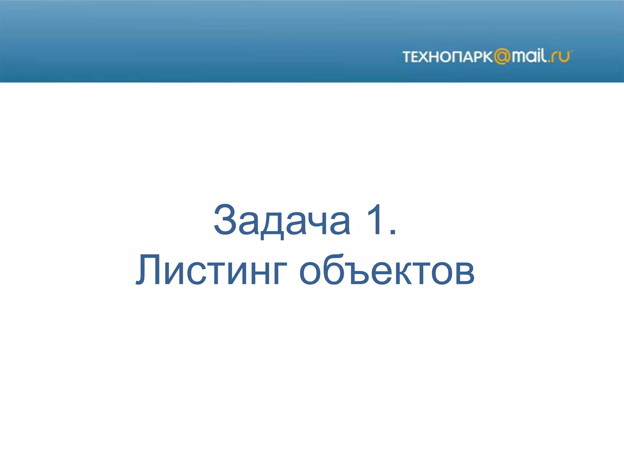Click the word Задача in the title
point(282,220)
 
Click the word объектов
point(386,271)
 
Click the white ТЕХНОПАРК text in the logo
point(447,57)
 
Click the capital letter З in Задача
point(225,219)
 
